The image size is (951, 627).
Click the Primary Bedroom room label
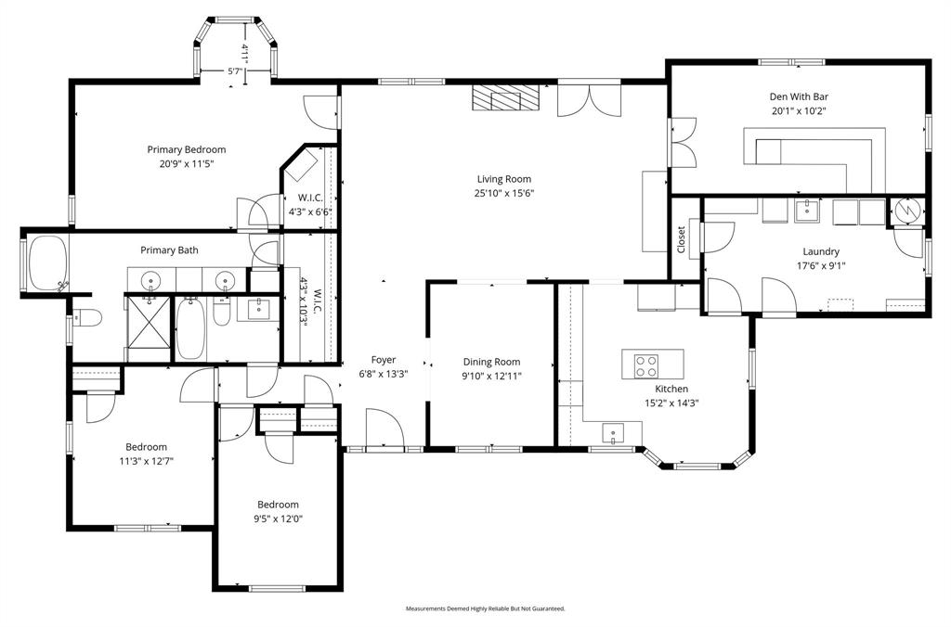186,149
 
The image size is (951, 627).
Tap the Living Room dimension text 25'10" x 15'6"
504,194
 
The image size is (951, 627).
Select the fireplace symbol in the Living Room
503,97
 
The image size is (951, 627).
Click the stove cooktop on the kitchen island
645,365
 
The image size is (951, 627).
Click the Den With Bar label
798,96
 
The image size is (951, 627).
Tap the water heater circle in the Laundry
908,211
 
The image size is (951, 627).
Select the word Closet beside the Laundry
681,240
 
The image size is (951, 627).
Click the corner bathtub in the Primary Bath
46,263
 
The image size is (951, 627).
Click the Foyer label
384,360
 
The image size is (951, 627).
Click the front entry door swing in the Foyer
384,429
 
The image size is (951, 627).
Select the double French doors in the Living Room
588,98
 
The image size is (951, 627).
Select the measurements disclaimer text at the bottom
485,608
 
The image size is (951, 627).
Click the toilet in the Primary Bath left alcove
86,318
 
